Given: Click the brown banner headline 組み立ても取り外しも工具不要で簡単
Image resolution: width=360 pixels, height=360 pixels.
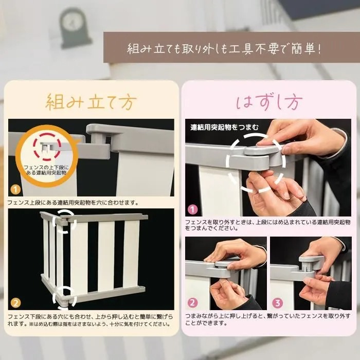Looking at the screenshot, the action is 224,49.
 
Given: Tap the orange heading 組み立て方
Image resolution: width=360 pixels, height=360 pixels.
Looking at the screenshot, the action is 91,102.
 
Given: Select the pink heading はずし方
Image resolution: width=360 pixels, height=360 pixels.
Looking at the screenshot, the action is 269,102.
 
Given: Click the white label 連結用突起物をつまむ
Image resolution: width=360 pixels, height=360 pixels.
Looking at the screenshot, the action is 225,127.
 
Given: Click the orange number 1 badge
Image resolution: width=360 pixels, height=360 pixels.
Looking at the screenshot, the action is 15,190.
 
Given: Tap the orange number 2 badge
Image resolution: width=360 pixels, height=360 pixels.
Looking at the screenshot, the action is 15,303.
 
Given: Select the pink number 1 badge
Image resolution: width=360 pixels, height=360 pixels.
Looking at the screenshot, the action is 193,209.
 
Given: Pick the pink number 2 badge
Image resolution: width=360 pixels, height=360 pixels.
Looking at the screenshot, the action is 192,303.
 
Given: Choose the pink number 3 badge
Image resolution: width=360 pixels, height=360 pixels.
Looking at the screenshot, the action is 277,303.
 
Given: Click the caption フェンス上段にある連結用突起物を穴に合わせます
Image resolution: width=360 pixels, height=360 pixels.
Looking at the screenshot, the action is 73,203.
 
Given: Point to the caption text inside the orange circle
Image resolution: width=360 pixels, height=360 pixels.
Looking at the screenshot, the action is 46,170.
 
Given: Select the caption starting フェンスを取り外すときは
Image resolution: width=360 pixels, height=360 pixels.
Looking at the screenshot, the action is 268,225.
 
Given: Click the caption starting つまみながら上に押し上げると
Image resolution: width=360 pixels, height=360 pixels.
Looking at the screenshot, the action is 268,319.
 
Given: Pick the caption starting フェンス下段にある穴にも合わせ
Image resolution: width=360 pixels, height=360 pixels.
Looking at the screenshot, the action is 91,320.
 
